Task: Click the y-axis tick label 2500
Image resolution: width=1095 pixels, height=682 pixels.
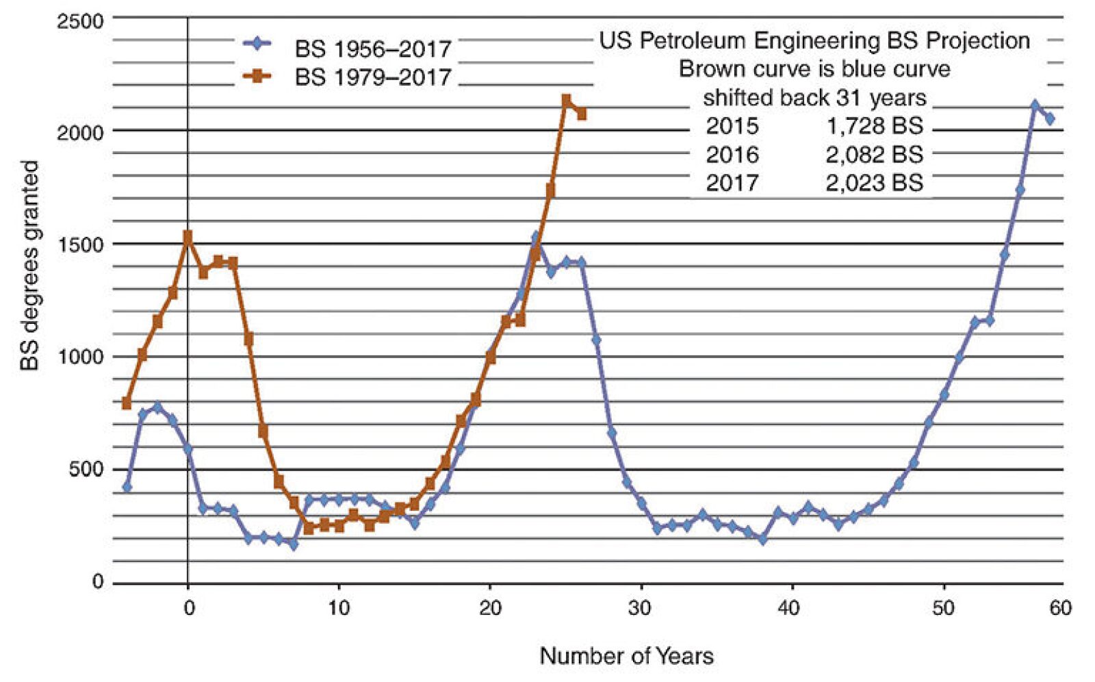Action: (x=80, y=21)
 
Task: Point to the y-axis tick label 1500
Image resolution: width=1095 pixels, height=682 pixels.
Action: (x=80, y=244)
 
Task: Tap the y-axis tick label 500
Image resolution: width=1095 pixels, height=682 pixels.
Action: (x=86, y=470)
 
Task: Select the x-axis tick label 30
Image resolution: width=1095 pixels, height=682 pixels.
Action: (x=640, y=608)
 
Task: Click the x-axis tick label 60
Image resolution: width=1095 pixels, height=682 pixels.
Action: (x=1060, y=608)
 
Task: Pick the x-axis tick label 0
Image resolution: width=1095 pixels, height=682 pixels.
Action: (x=189, y=608)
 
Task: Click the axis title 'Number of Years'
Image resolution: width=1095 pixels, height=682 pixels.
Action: (x=626, y=656)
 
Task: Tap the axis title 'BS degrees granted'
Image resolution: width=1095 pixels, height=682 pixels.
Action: (x=29, y=266)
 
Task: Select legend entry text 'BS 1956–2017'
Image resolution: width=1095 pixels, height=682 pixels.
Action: (x=373, y=49)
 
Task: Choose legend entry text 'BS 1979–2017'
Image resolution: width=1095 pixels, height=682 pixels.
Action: (x=373, y=77)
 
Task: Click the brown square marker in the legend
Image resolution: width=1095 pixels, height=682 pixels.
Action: (x=257, y=77)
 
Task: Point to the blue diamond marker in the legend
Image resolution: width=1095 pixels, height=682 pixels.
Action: (x=257, y=44)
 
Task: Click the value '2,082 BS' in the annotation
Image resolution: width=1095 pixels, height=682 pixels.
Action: (x=874, y=155)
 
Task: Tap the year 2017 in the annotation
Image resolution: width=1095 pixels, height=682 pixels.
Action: (x=732, y=183)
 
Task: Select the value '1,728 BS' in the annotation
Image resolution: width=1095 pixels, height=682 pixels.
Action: (x=874, y=126)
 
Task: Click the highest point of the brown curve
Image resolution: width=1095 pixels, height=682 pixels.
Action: (x=566, y=101)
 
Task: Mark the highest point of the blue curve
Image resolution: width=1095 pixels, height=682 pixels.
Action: (x=1035, y=105)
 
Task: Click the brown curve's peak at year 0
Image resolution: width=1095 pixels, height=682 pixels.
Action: (x=188, y=236)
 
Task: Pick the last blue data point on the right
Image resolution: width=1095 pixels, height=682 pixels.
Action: (x=1050, y=119)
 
